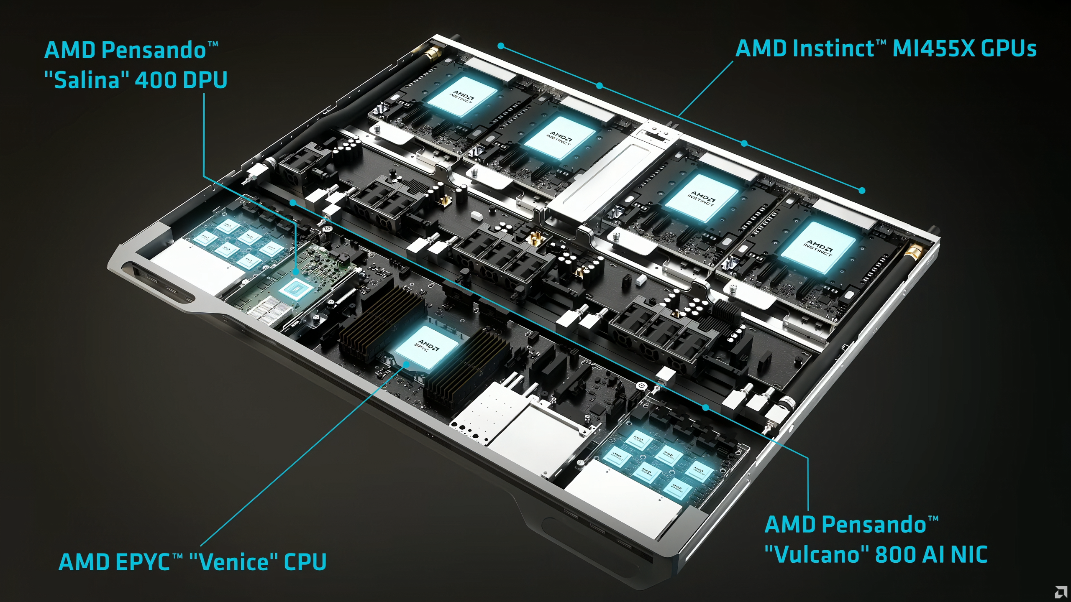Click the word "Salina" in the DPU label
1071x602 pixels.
click(x=87, y=80)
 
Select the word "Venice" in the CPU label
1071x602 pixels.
click(x=233, y=562)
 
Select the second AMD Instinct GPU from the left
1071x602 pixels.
click(x=559, y=138)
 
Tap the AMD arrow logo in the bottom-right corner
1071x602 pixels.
click(x=1061, y=592)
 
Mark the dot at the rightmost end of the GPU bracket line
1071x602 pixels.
click(x=862, y=191)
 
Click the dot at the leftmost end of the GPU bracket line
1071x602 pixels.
click(x=501, y=46)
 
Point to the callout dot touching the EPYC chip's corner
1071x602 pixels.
click(x=406, y=364)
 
